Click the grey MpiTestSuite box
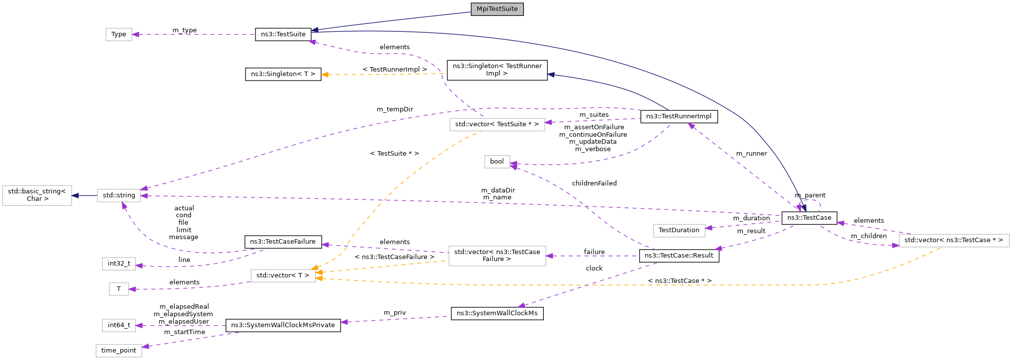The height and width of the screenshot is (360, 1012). [x=497, y=9]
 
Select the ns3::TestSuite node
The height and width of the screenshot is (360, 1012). [x=283, y=34]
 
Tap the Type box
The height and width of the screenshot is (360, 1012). [x=119, y=34]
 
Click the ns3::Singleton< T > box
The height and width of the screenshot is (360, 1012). [x=283, y=74]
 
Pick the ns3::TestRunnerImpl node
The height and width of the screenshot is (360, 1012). [x=678, y=116]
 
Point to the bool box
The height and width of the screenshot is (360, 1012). [x=497, y=162]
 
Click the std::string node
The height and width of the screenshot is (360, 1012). [x=119, y=195]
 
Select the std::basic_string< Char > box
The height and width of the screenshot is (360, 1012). [x=37, y=195]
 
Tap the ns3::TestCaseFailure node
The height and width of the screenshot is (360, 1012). [x=283, y=242]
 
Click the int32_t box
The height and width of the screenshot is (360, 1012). [x=119, y=264]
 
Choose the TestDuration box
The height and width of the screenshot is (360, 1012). [x=678, y=230]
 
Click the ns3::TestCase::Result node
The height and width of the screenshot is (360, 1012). [x=678, y=256]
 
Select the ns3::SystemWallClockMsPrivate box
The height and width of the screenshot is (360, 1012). [x=283, y=325]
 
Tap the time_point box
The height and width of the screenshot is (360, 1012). [x=119, y=351]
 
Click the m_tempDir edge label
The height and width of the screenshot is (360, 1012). [x=395, y=109]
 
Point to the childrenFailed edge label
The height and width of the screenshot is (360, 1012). [x=594, y=183]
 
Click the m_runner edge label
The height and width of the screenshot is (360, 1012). [x=751, y=154]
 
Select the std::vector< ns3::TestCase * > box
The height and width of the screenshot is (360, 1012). [x=953, y=240]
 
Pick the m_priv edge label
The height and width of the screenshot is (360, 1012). [x=395, y=313]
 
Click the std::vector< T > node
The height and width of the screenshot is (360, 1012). [x=283, y=275]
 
